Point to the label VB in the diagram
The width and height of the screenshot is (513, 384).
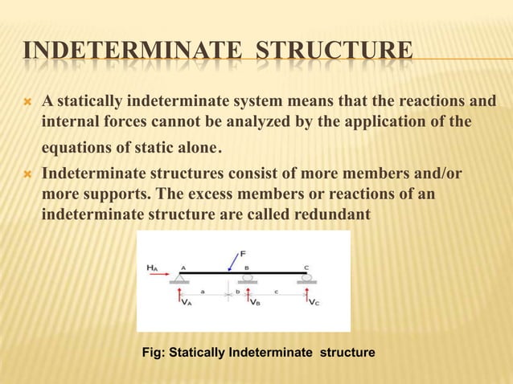tap(255, 302)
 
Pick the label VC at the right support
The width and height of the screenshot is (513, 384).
tap(314, 302)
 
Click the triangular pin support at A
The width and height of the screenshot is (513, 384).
tap(179, 278)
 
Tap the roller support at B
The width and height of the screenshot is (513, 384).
tap(248, 278)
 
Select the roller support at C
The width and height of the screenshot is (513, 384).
tap(306, 278)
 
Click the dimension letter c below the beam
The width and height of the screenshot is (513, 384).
tap(277, 291)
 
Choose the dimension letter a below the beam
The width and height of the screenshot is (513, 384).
tap(202, 291)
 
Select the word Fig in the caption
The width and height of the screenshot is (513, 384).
tap(152, 352)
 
